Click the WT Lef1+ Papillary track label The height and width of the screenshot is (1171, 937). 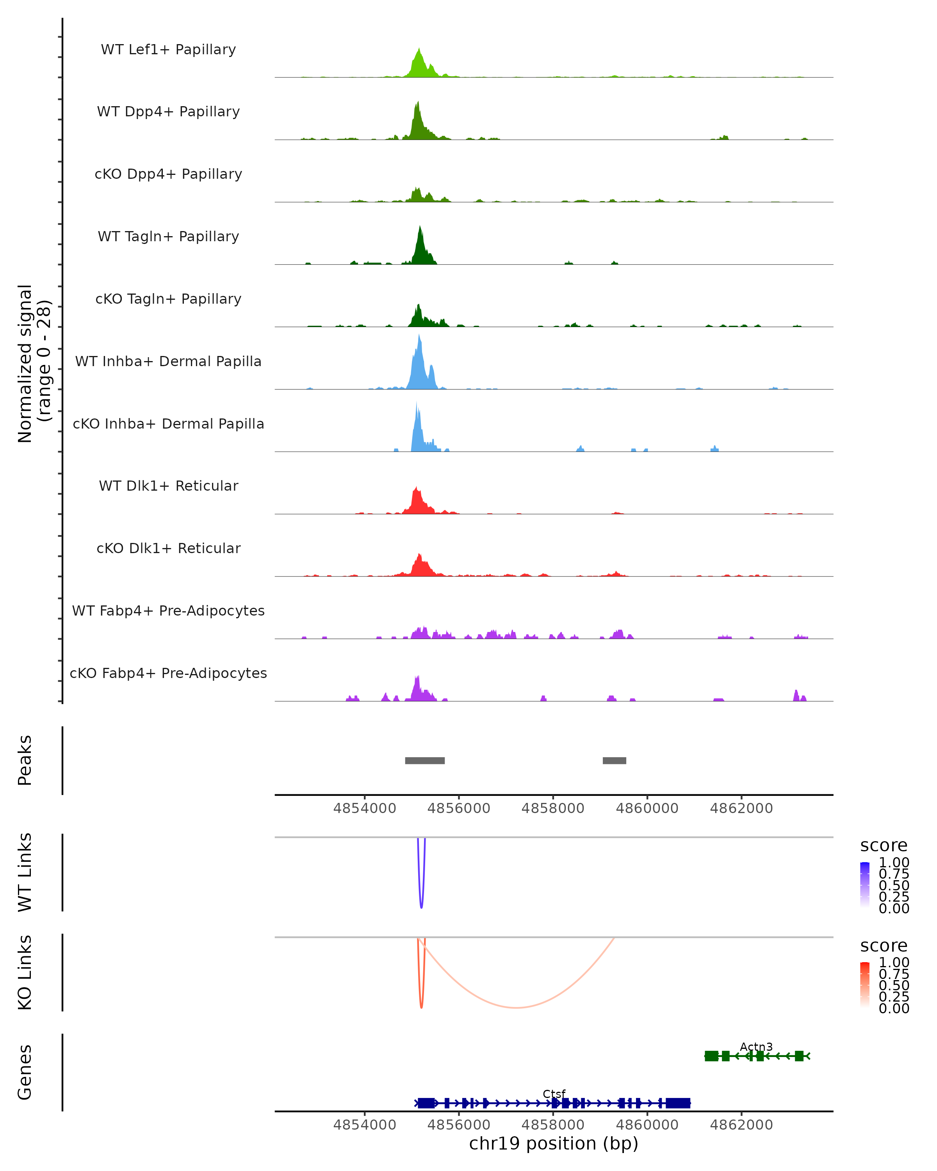168,50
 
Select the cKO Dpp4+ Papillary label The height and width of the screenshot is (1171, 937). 168,174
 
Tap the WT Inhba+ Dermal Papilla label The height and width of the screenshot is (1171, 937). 168,361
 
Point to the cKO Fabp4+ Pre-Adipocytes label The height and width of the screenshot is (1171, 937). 168,673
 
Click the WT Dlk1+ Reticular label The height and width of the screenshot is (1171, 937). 168,486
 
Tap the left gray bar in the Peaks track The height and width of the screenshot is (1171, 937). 425,760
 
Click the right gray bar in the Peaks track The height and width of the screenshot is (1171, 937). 615,760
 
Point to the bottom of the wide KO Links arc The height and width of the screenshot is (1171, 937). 516,1007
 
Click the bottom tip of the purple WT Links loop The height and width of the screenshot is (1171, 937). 422,907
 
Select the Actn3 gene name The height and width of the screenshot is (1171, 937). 756,1046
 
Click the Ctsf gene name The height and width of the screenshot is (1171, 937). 554,1094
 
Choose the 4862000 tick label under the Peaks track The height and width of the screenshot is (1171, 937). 741,808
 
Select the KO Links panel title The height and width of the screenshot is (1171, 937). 25,972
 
